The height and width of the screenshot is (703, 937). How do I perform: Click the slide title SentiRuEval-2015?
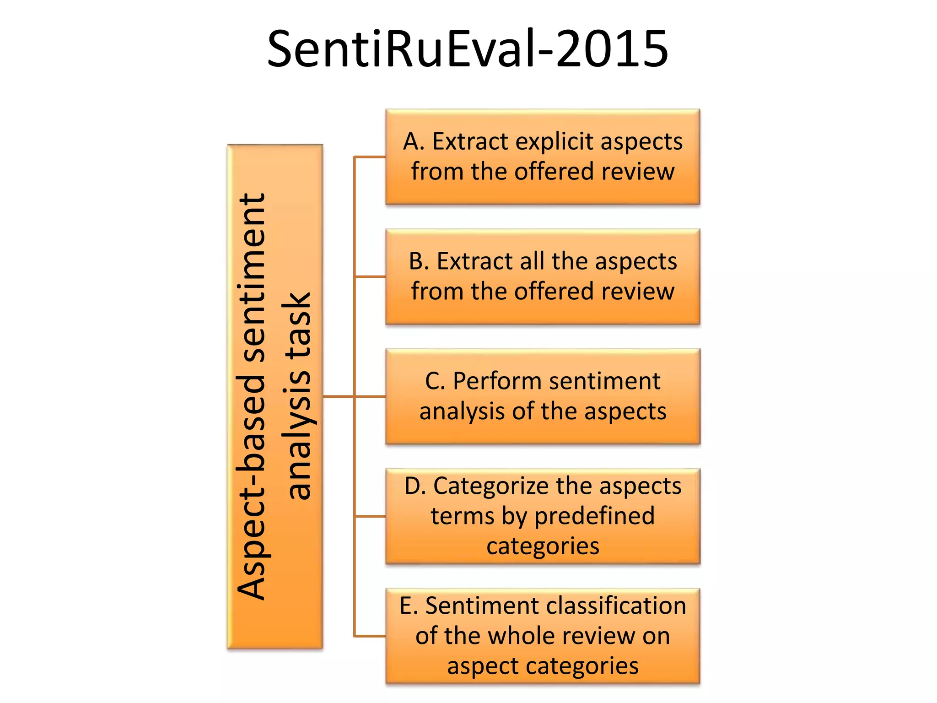click(468, 49)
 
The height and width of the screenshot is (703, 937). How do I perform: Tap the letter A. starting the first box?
click(414, 141)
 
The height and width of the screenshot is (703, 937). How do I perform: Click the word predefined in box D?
click(595, 516)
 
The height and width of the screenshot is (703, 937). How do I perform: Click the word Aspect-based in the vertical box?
click(251, 487)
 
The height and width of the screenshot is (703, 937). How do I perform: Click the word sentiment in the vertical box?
click(251, 277)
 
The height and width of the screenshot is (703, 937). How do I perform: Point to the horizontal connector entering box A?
click(370, 157)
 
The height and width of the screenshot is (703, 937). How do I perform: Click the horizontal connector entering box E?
click(370, 636)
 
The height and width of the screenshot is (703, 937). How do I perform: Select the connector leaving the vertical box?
click(338, 396)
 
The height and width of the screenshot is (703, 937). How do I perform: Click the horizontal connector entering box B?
click(370, 277)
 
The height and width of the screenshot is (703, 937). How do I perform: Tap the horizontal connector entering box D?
click(370, 516)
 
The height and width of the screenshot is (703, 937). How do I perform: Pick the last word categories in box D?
click(543, 546)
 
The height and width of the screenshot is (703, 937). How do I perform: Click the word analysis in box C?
click(463, 411)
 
